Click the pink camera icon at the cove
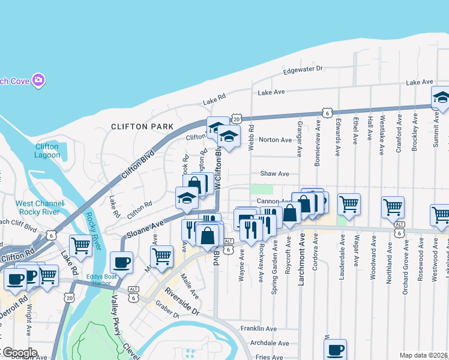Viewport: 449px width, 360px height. [x=39, y=80]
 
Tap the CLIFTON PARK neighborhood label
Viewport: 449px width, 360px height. [x=142, y=127]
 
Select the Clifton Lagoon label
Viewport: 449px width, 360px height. [x=47, y=151]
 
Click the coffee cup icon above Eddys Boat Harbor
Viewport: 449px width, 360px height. [x=121, y=262]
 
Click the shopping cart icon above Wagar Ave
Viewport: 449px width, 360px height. [x=349, y=205]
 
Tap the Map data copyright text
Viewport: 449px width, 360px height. [x=423, y=355]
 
